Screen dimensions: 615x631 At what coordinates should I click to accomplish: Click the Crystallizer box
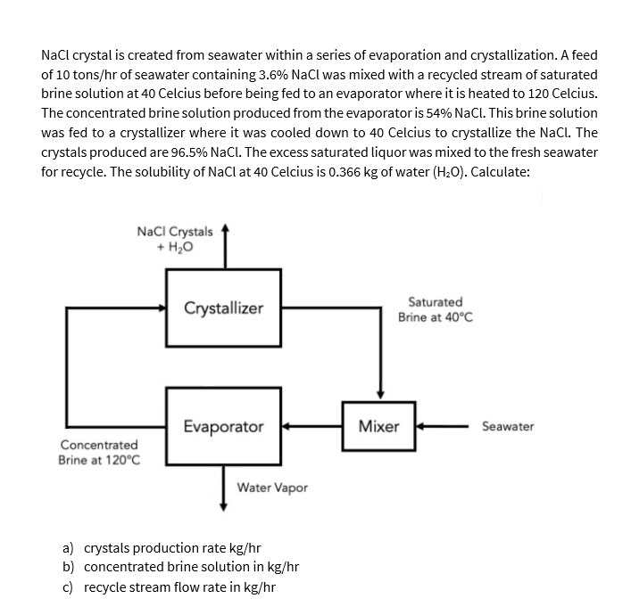tap(223, 307)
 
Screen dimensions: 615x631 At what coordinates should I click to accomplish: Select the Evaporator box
tap(223, 426)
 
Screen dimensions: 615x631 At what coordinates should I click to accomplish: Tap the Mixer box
tap(378, 426)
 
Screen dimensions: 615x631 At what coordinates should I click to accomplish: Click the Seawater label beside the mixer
tap(507, 426)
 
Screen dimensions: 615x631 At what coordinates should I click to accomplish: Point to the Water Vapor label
tap(272, 488)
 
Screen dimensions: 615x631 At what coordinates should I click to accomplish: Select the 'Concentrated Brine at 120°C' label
tap(98, 452)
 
